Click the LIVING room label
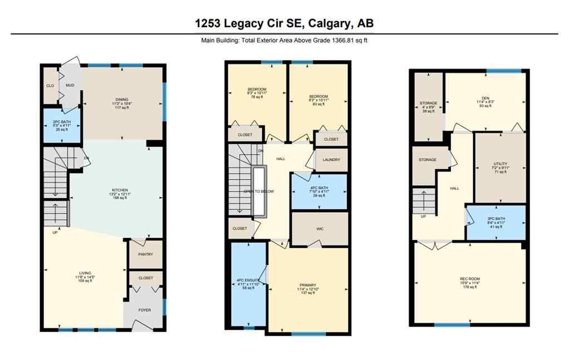tap(85, 273)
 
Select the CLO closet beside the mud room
tap(50, 86)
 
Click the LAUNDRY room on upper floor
tap(331, 160)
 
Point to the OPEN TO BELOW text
tap(259, 191)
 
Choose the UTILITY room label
tap(500, 164)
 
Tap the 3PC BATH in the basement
tap(495, 220)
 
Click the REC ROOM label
tap(470, 279)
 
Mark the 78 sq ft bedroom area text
tap(257, 97)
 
